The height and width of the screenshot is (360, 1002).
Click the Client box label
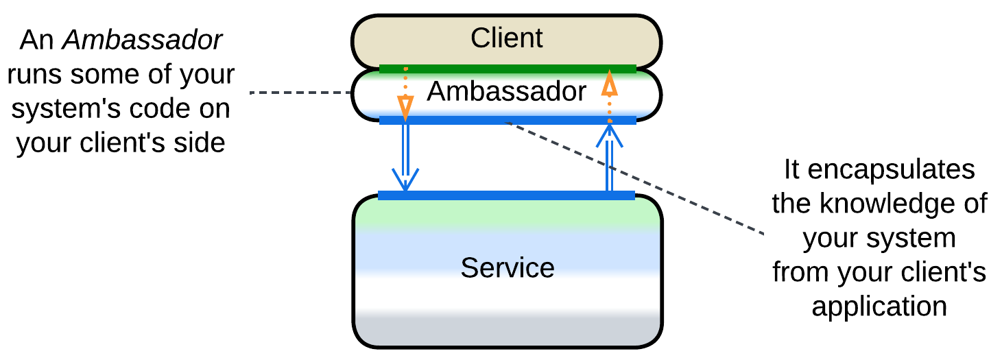coord(506,38)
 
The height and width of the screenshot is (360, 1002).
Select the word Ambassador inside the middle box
coord(506,91)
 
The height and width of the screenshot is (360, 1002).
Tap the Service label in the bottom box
coord(507,267)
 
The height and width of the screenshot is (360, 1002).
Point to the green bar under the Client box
coord(508,68)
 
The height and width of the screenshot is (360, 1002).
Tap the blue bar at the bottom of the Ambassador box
coord(508,120)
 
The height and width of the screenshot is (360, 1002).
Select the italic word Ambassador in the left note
coord(143,40)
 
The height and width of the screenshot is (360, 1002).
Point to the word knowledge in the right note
coord(903,204)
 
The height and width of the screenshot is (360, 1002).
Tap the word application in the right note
coord(879,306)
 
